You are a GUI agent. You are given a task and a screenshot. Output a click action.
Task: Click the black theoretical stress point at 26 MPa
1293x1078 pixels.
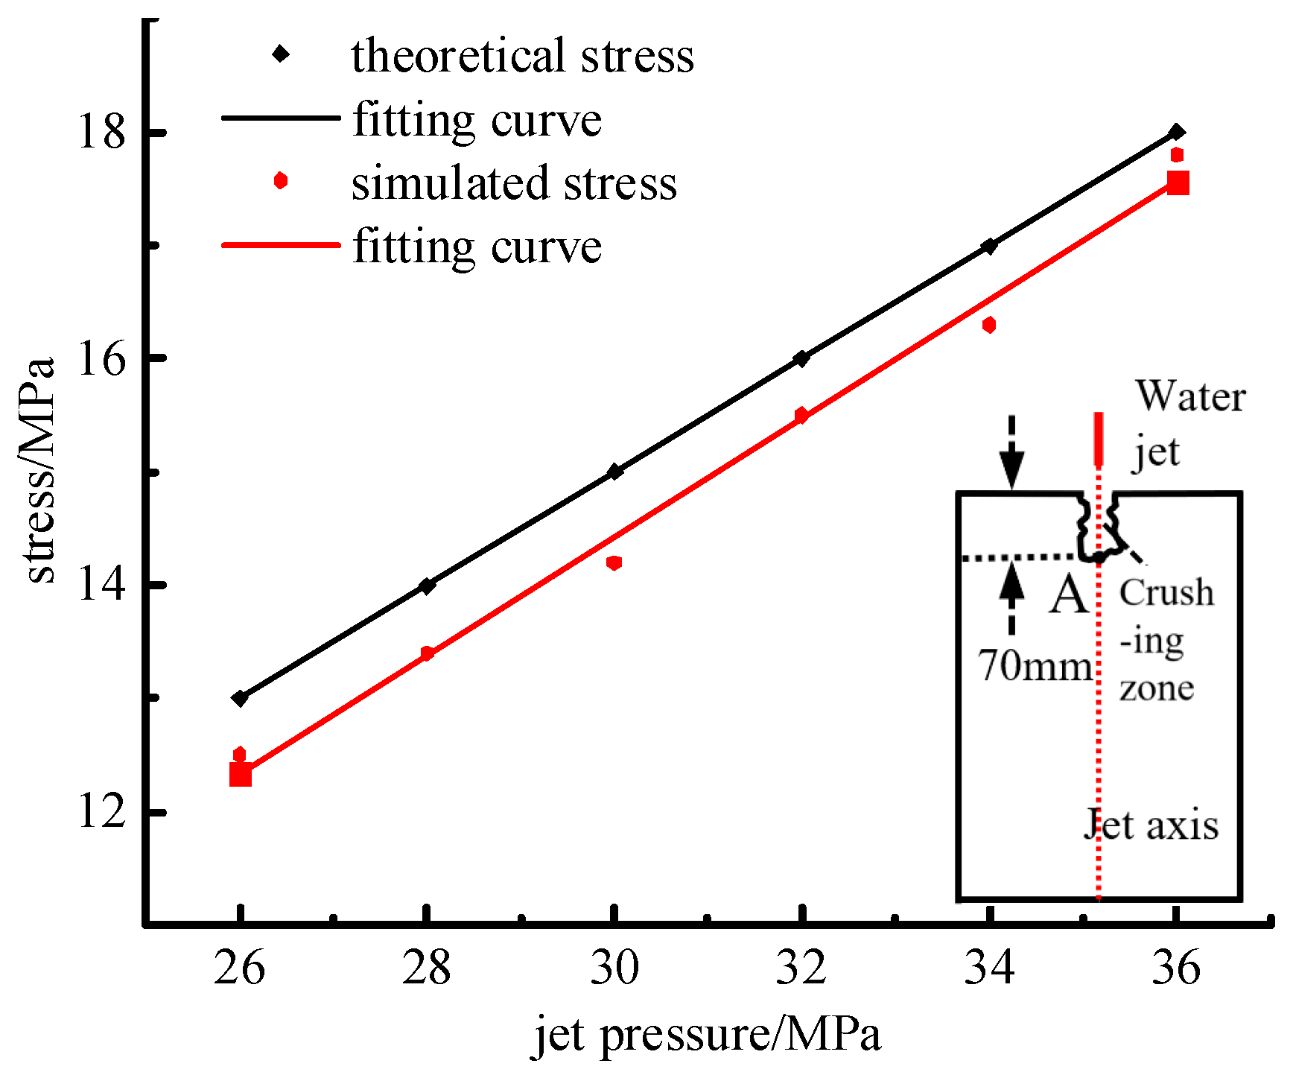pos(240,698)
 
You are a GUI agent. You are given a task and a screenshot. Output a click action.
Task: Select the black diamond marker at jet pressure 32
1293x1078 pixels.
pos(801,358)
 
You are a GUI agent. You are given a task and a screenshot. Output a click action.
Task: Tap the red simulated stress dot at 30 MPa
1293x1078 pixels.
pos(614,562)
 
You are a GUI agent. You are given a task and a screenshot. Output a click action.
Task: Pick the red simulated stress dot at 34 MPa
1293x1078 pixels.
pos(989,325)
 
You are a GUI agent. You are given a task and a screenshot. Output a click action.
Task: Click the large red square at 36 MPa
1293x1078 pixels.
pos(1178,183)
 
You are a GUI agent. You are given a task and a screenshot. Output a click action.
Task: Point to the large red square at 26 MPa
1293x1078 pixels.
pos(240,775)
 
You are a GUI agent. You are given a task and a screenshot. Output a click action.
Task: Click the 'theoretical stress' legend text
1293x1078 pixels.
pos(523,56)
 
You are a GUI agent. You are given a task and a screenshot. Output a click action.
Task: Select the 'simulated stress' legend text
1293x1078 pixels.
pos(514,183)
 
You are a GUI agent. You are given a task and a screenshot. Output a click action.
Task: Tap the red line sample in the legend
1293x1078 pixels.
pos(281,245)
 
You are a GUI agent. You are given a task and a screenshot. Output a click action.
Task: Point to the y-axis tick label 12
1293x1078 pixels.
pos(102,811)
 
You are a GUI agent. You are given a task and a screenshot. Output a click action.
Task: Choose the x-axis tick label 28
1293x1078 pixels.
pos(427,968)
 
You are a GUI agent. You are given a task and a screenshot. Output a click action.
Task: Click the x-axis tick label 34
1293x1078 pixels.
pos(989,968)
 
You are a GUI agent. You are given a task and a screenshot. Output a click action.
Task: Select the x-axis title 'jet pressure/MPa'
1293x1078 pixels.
pos(707,1035)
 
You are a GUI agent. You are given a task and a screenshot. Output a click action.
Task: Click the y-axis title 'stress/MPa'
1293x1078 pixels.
pos(41,469)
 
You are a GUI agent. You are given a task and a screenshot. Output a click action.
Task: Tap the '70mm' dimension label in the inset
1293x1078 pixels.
pos(1035,665)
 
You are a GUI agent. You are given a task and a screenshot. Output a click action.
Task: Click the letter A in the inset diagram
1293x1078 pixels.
pos(1069,596)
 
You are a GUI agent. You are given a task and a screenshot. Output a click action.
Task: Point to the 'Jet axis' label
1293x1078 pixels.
pos(1151,825)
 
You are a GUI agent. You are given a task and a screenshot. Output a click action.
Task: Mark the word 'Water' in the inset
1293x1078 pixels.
pos(1190,396)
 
